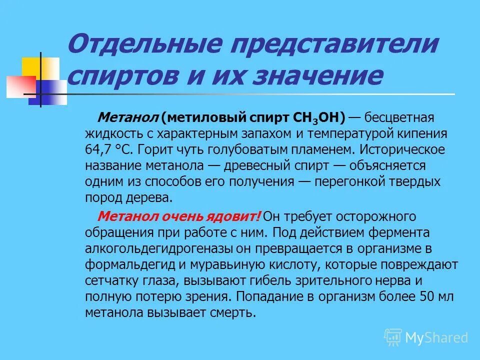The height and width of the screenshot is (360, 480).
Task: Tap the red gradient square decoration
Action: [20, 86]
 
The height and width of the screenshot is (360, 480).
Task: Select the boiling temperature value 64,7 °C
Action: [108, 149]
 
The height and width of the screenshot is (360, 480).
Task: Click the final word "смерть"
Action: [234, 312]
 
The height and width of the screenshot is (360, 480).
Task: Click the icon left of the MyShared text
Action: [393, 337]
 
